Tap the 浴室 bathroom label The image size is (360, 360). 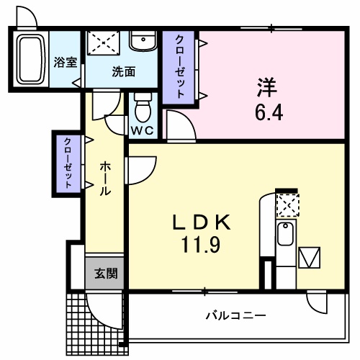coord(66,62)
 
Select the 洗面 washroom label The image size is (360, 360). coord(123,71)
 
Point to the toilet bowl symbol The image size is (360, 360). coord(143,110)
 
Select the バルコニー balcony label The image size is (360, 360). coord(235,315)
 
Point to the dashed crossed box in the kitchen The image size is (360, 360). coord(286,204)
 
